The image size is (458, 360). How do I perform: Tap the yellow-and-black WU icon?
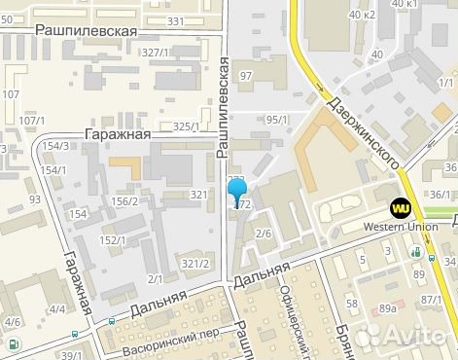tap(400, 207)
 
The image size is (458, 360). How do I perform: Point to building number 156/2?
tap(124, 202)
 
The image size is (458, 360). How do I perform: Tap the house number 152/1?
tap(114, 239)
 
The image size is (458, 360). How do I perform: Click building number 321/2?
tap(195, 264)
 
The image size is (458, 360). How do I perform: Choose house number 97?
tap(245, 76)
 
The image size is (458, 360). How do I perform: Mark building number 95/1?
tap(277, 120)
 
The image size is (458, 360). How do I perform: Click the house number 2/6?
tap(263, 234)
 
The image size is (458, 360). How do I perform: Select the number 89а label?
tap(388, 308)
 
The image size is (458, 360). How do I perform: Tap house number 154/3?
tap(55, 146)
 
